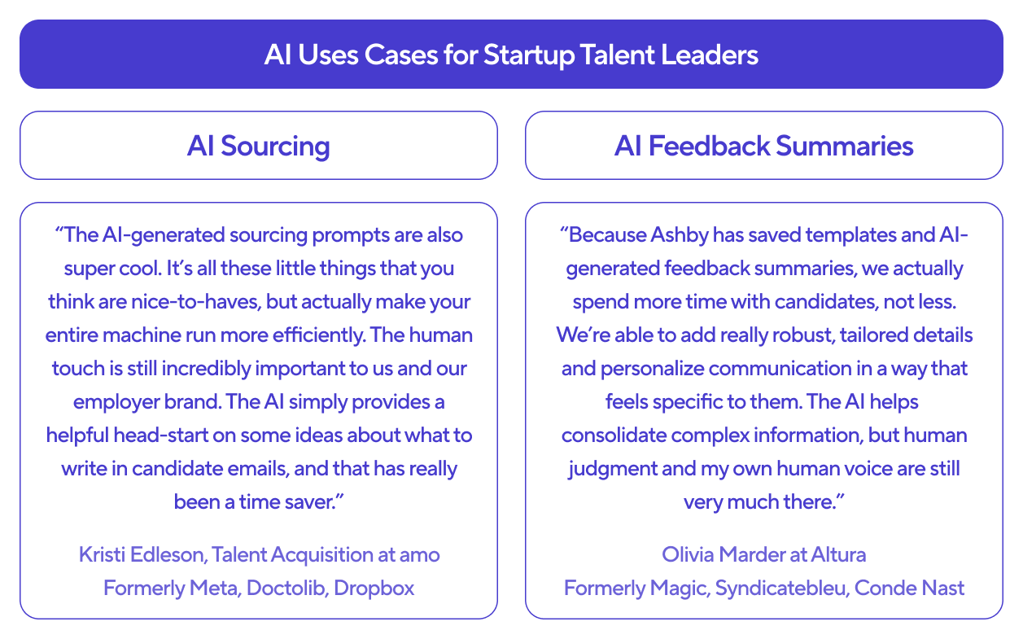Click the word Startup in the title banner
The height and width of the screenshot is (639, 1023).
click(x=529, y=55)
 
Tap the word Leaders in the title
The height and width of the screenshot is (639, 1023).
click(x=709, y=55)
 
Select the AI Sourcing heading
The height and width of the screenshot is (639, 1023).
click(x=259, y=147)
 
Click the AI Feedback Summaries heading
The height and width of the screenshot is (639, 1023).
click(x=763, y=146)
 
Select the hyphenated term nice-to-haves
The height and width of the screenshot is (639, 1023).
click(x=196, y=302)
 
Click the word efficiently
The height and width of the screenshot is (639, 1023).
click(x=319, y=335)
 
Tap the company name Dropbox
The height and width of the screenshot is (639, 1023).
click(x=374, y=589)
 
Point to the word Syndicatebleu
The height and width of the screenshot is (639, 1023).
click(x=782, y=589)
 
